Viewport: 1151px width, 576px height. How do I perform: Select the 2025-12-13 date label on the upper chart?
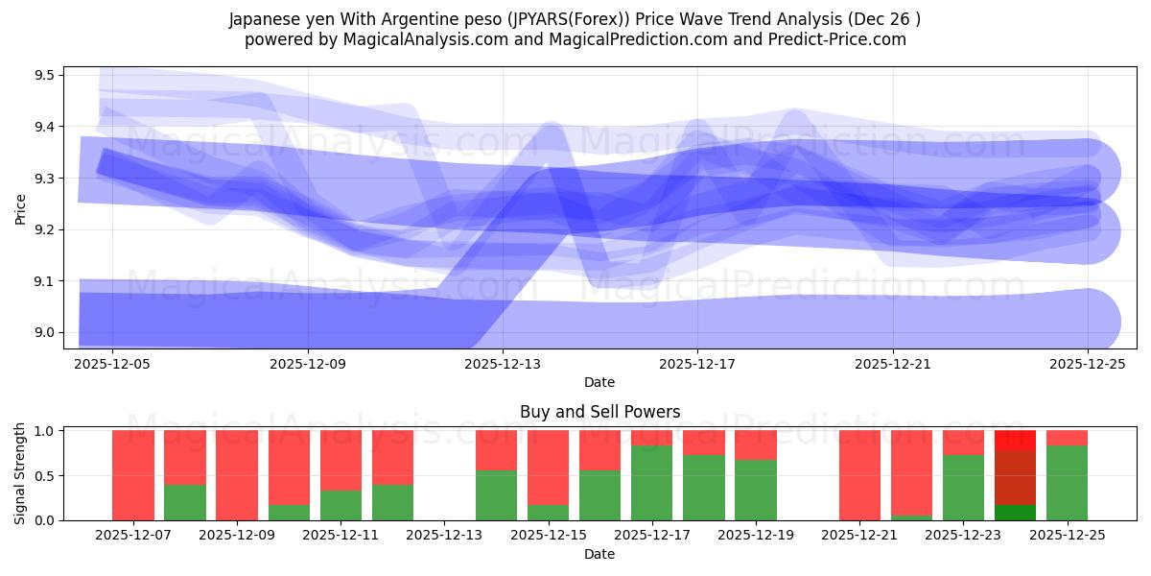[x=503, y=364]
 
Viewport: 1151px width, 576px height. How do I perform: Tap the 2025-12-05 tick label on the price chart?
[x=113, y=364]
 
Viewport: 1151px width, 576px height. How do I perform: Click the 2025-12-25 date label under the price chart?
[x=1088, y=364]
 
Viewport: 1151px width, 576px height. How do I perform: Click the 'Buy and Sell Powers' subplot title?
[x=599, y=412]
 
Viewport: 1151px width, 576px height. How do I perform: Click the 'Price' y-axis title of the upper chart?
[x=21, y=207]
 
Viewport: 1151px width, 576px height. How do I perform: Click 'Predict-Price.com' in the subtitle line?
[x=841, y=39]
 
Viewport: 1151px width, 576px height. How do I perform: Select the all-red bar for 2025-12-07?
[x=133, y=475]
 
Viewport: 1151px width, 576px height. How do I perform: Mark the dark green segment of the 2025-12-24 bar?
[x=1015, y=513]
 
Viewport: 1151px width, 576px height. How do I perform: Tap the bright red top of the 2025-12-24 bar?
[x=1015, y=440]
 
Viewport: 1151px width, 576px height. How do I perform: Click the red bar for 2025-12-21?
[x=859, y=475]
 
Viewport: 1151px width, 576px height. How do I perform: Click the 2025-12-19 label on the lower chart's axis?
[x=756, y=536]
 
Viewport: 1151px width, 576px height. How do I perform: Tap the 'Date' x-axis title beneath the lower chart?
[x=599, y=554]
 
